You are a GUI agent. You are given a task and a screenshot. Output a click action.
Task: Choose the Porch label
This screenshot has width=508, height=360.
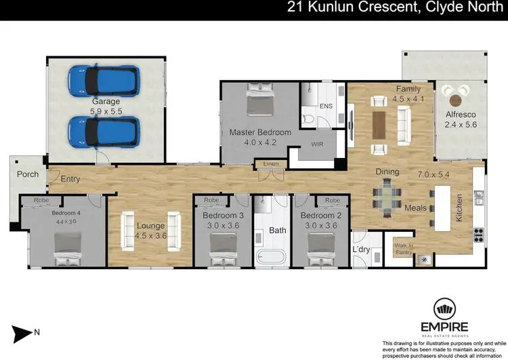[x=28, y=174]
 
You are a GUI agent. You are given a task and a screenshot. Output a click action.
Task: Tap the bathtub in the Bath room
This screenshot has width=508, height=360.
[x=270, y=257]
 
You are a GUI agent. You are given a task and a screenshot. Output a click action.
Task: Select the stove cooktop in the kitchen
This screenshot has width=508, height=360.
[x=478, y=235]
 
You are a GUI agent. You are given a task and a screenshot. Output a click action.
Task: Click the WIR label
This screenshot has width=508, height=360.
[x=317, y=144]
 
